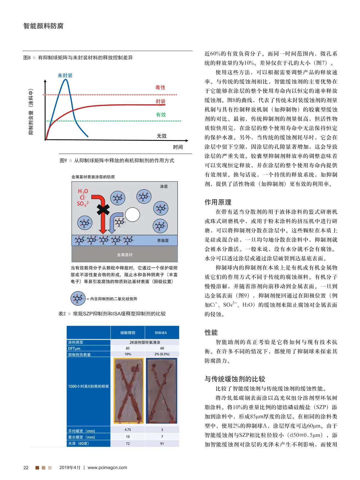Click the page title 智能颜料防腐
tap(43, 26)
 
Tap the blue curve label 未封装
tap(65, 75)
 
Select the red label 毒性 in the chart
tap(160, 87)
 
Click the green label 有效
tap(161, 115)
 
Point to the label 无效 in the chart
tap(161, 136)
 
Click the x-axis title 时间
tap(178, 147)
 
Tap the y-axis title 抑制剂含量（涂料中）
tap(31, 112)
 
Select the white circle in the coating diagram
tap(132, 214)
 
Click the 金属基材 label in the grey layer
tap(124, 255)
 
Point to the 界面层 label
tap(163, 240)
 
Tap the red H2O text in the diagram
tap(83, 191)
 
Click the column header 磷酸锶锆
tap(128, 332)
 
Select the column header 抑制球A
tap(161, 332)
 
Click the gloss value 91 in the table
tap(162, 443)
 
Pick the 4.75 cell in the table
tap(128, 430)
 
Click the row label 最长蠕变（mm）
tap(81, 437)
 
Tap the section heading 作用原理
tap(218, 202)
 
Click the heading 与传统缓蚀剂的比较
tap(235, 379)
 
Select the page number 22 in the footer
tap(26, 467)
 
